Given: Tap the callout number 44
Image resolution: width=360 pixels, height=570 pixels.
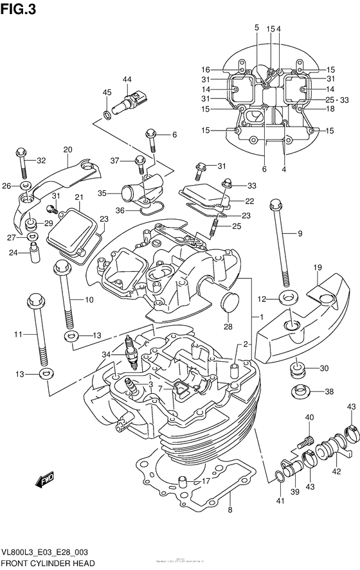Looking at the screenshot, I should point(127,80).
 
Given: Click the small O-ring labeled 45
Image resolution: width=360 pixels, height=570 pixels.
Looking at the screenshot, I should point(106,116).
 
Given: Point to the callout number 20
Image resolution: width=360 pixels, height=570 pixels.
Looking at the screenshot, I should point(67,150).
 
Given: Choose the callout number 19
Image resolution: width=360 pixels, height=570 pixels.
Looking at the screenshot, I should point(317,267).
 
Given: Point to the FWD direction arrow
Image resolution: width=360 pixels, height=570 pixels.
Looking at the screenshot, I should point(44,480).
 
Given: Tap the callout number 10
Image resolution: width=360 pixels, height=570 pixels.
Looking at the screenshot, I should point(89,299).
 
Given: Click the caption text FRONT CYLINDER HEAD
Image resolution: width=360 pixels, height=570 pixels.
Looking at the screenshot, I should point(47,562).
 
